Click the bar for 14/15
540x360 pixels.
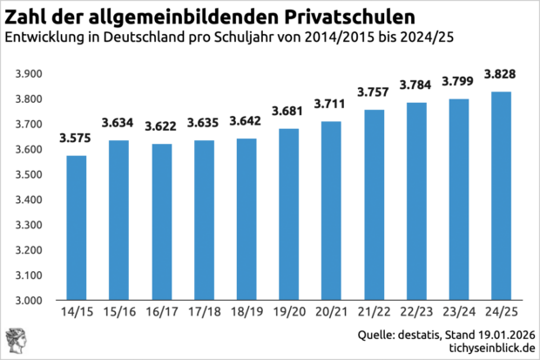click(x=75, y=228)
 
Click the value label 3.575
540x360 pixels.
click(x=75, y=138)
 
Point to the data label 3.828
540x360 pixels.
click(x=499, y=73)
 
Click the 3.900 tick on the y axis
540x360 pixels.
click(x=29, y=74)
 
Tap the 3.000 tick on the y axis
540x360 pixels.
click(x=29, y=301)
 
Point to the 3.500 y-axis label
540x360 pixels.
click(x=29, y=175)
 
